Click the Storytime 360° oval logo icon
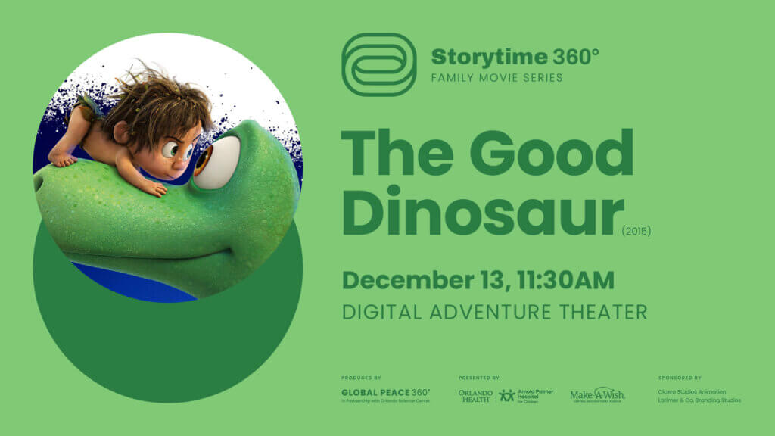coord(378,64)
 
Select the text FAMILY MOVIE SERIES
coord(496,77)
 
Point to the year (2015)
coord(636,232)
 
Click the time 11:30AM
coord(565,280)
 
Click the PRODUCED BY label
coord(361,377)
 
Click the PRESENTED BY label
coord(478,377)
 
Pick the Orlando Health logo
coord(475,395)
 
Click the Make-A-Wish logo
coord(597,395)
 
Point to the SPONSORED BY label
coord(680,377)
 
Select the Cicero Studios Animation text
coord(692,391)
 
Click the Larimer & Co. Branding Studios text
coord(699,400)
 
